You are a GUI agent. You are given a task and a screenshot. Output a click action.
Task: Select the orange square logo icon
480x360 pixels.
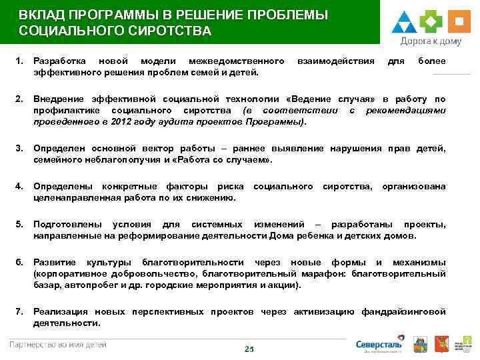click(x=458, y=22)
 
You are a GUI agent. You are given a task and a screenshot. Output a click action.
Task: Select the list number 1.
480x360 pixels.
click(x=19, y=61)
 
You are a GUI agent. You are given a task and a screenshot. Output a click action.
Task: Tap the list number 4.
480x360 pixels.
click(x=19, y=186)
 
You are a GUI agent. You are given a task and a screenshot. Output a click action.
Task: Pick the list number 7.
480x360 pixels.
click(x=19, y=311)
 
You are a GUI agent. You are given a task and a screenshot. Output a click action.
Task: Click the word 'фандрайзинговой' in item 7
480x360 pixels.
click(x=404, y=311)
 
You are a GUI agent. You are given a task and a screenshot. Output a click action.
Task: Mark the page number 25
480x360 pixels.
click(x=249, y=349)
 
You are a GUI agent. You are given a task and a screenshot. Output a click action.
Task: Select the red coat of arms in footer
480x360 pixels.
click(x=439, y=345)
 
